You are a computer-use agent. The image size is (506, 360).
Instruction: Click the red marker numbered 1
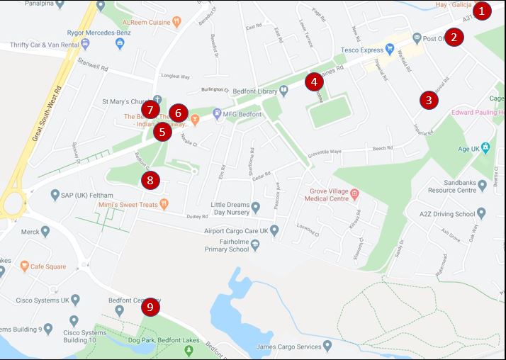point(482,11)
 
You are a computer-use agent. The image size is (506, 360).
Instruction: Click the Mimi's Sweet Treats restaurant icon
point(164,204)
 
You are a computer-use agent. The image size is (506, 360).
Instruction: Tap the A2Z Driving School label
point(445,213)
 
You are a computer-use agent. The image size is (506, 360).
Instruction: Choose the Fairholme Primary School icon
point(256,244)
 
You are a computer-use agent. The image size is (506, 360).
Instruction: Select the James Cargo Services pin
point(327,347)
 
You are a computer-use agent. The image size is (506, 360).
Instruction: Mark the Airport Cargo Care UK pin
point(275,229)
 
